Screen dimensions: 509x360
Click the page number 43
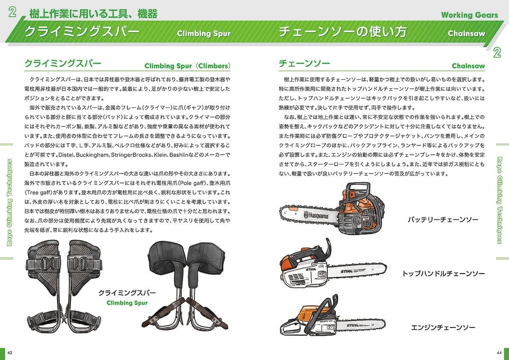(9, 353)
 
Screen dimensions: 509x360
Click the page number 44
(499, 353)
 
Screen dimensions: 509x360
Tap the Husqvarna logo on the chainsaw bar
(316, 215)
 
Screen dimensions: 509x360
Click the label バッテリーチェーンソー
(443, 220)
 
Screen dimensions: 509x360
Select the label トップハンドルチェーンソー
(443, 274)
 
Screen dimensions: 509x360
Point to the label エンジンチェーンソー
(443, 328)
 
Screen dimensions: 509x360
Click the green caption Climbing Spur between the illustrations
(127, 303)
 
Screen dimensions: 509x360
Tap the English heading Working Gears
(469, 15)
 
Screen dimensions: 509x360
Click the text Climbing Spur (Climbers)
(187, 66)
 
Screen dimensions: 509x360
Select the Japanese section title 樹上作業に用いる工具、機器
(94, 14)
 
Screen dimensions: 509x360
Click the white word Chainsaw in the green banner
(466, 33)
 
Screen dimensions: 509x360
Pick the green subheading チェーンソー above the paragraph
(304, 63)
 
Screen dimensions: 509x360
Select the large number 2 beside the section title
(13, 13)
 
